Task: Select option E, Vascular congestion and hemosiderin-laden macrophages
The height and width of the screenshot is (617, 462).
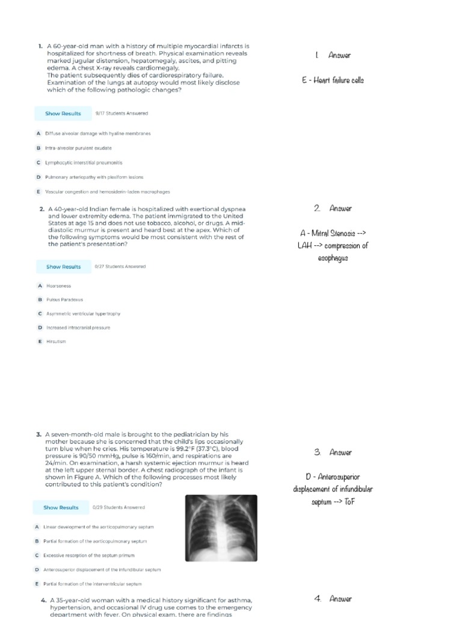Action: click(107, 192)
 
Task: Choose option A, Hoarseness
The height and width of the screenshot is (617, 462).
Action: click(58, 286)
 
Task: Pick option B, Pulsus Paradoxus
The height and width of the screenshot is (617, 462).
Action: click(64, 299)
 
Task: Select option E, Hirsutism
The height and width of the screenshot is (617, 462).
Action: click(56, 341)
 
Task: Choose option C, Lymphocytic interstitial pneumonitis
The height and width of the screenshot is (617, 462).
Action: click(84, 163)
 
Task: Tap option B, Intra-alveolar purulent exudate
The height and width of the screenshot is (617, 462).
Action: click(78, 148)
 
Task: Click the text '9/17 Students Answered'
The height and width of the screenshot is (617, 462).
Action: click(122, 113)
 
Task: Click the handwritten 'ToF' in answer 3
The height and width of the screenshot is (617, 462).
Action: click(348, 501)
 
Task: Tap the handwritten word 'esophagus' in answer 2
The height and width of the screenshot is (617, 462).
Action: click(333, 258)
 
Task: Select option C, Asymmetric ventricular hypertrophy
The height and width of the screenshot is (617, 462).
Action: click(83, 313)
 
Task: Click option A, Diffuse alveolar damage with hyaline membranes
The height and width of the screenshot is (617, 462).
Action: click(97, 133)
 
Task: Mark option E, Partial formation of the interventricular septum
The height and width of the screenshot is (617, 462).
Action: click(93, 584)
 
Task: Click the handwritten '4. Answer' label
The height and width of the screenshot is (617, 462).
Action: click(333, 599)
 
